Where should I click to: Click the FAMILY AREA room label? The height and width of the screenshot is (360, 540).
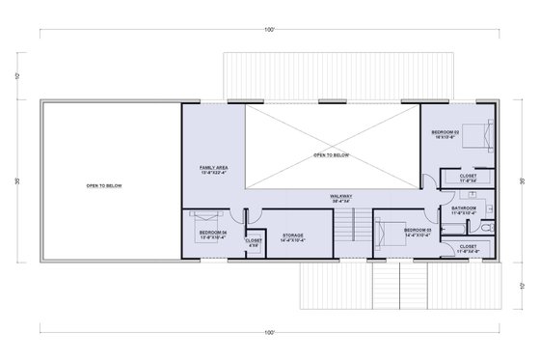tap(213, 170)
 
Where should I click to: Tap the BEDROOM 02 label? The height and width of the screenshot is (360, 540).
tap(445, 131)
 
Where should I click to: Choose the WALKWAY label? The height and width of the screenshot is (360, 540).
tap(340, 198)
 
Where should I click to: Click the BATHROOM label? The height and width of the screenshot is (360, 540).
tap(465, 208)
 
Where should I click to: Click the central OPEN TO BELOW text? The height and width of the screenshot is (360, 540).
tap(331, 153)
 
